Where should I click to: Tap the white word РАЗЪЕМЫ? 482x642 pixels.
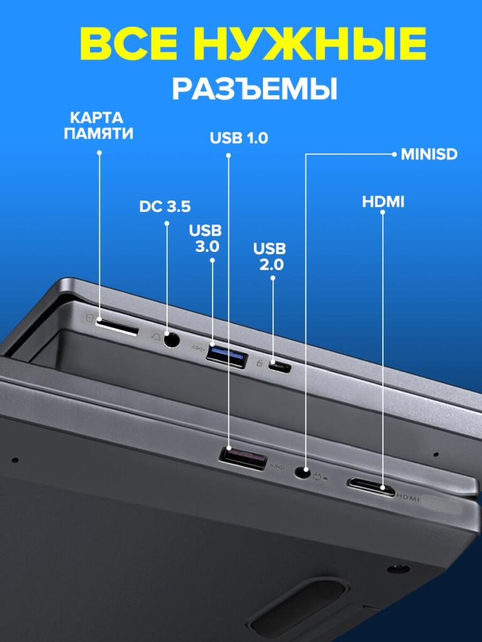[x=255, y=88]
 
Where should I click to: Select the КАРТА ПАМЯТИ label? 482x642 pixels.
[x=99, y=125]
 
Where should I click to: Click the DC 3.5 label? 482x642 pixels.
[x=165, y=206]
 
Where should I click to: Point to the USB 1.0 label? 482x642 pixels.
[x=238, y=138]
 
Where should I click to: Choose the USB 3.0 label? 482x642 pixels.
[x=205, y=238]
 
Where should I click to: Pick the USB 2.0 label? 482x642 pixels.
[x=270, y=256]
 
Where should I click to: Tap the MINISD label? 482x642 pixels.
[x=429, y=154]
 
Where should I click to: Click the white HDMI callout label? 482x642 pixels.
[x=383, y=202]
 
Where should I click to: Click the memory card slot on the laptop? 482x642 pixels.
[x=117, y=327]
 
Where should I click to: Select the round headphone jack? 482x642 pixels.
[x=171, y=339]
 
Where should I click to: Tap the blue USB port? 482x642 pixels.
[x=227, y=355]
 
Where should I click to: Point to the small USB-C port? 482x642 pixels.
[x=279, y=366]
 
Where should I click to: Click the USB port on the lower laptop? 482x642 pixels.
[x=243, y=457]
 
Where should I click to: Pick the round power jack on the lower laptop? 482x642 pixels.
[x=303, y=472]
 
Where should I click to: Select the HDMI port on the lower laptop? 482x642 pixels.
[x=371, y=486]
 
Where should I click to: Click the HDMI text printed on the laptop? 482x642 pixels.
[x=408, y=498]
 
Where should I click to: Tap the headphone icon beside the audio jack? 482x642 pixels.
[x=156, y=337]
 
